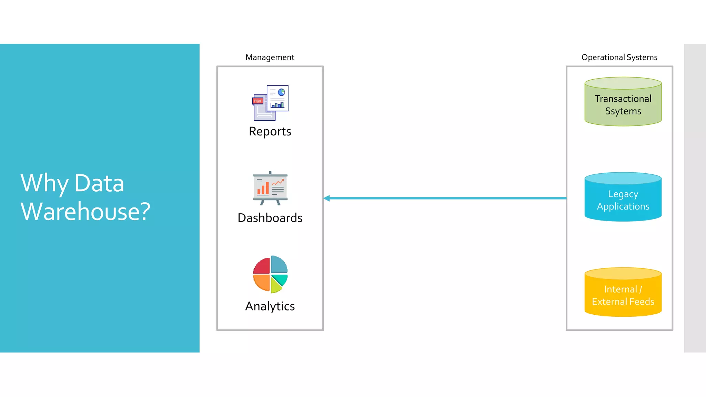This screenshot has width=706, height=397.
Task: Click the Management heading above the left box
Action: point(270,57)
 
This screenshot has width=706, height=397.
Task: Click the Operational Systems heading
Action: point(619,57)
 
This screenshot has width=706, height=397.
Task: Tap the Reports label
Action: point(270,131)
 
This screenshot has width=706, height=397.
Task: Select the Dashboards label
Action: point(270,218)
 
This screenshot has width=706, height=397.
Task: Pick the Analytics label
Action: point(270,306)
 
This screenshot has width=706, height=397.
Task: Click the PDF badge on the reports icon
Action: point(258,101)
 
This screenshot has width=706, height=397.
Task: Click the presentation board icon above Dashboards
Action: point(270,188)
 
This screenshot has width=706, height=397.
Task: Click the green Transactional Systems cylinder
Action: point(623,102)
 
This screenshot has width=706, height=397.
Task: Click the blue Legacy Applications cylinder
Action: point(623,197)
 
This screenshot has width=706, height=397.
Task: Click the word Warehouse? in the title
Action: point(85,211)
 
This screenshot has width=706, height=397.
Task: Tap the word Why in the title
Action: point(44,183)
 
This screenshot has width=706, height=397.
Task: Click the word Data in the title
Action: point(99,183)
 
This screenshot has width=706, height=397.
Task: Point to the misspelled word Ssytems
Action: point(623,111)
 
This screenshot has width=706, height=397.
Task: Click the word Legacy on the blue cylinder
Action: point(623,194)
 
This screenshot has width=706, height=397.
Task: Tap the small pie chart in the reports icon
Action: point(282,92)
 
